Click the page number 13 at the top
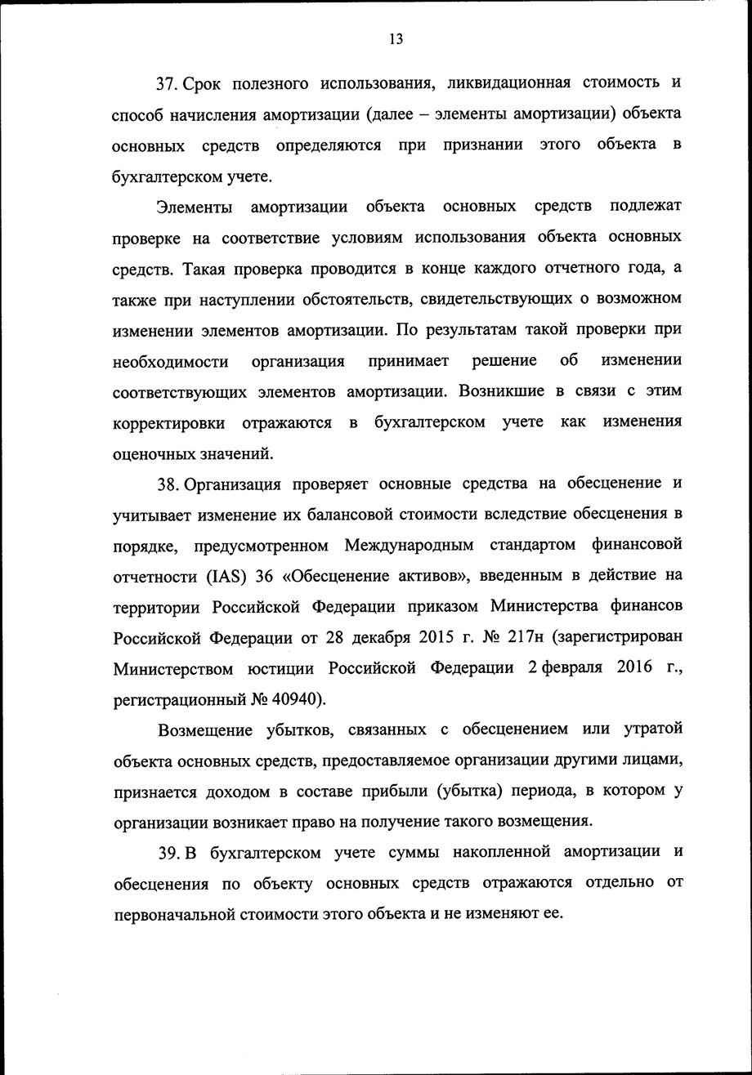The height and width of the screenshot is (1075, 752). (396, 39)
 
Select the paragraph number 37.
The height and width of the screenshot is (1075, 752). (168, 83)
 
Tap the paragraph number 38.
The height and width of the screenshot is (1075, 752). (168, 484)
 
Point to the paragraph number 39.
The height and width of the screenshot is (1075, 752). (169, 852)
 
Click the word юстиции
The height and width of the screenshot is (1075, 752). (281, 667)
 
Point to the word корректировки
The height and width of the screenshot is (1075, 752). (168, 422)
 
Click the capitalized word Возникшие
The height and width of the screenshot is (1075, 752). (501, 391)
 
